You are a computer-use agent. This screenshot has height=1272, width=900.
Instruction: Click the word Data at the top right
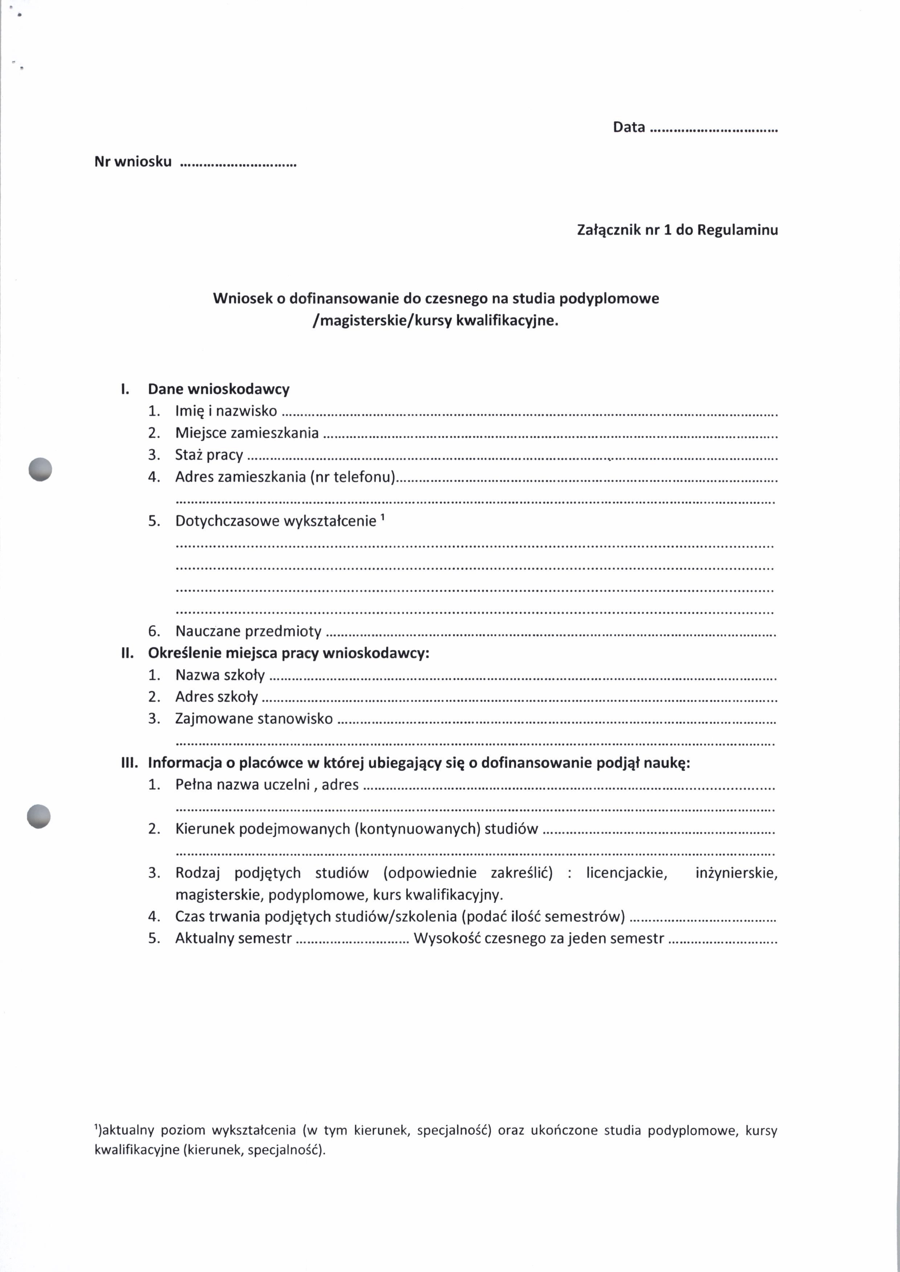629,127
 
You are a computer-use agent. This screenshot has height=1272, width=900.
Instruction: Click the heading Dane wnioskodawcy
218,389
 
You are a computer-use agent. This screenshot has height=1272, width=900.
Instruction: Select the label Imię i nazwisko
226,411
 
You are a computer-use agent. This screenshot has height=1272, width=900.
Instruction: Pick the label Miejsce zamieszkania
247,433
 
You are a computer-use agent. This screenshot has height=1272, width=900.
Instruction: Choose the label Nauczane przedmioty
248,631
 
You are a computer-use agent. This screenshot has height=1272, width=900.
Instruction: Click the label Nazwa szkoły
220,675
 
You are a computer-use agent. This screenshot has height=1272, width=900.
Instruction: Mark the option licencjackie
626,873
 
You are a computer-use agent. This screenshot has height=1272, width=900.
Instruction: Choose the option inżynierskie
736,873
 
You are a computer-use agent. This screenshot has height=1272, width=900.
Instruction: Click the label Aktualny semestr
233,938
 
